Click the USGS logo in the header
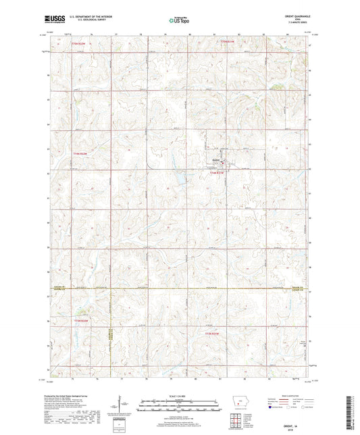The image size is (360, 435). point(52,21)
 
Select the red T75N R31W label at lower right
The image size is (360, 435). point(213,332)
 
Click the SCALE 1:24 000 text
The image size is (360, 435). point(179,396)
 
